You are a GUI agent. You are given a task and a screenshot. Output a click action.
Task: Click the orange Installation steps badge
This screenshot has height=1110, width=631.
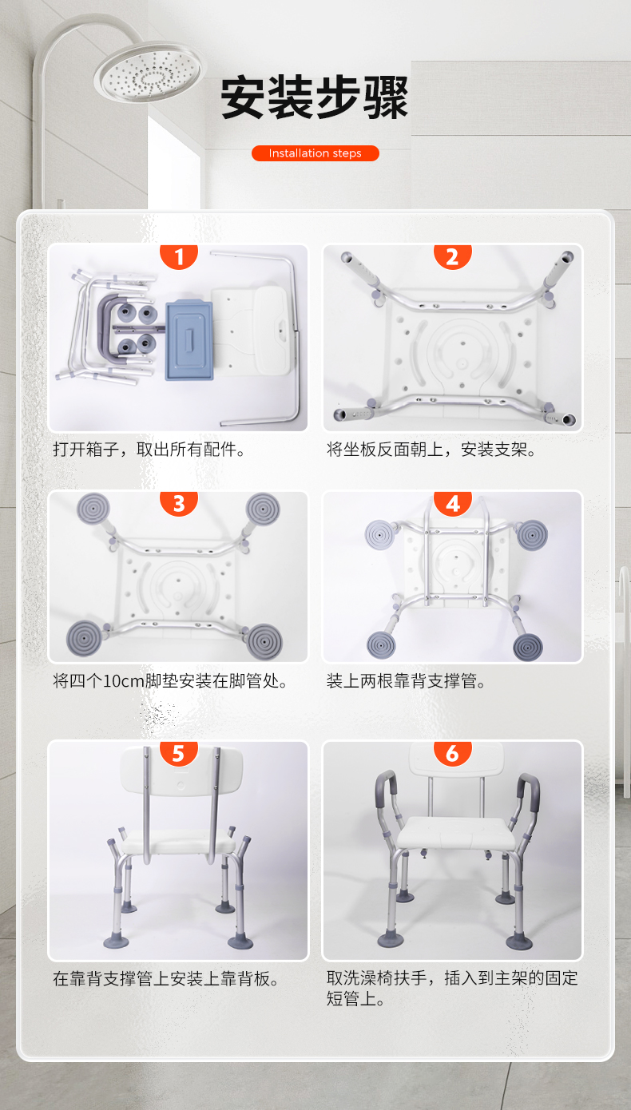tap(315, 153)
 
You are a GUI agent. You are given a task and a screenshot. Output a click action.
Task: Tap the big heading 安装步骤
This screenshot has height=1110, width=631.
tap(315, 97)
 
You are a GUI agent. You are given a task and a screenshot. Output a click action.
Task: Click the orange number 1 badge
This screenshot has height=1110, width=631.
tap(179, 256)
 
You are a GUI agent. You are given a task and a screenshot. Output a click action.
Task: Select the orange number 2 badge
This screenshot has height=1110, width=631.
tap(453, 256)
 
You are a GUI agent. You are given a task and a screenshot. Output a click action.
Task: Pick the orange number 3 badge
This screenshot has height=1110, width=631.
tap(179, 503)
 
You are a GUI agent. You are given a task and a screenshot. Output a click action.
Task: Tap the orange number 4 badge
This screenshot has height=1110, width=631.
tap(453, 503)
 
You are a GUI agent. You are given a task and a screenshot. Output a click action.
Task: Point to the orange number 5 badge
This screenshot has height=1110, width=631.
tap(179, 753)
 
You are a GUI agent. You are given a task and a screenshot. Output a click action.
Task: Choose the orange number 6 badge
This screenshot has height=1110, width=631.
tap(453, 753)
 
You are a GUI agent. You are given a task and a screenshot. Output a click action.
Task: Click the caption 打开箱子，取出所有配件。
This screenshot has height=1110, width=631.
tap(149, 450)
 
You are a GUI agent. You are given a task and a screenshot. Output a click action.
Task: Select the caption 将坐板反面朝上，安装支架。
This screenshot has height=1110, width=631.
tap(431, 450)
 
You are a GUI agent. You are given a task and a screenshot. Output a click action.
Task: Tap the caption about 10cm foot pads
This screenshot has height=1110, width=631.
tap(170, 681)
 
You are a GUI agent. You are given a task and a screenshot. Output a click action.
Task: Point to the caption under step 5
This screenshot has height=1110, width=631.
tap(166, 978)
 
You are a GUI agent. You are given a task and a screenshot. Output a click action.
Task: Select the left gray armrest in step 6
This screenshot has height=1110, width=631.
tap(387, 789)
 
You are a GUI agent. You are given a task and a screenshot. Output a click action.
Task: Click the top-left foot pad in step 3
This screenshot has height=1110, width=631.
tap(93, 509)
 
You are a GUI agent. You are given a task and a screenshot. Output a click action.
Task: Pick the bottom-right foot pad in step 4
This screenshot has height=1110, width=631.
tap(527, 646)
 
